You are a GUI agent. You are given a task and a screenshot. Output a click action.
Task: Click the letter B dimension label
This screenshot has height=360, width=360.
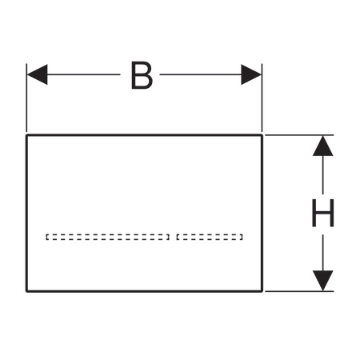coord(142,75)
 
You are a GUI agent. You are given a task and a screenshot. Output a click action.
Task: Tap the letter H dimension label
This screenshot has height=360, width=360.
coord(322,213)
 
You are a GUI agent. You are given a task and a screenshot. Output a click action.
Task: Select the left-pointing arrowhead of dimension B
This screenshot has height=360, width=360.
coord(37,74)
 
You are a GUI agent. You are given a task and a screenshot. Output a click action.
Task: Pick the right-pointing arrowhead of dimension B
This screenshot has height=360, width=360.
coord(251,74)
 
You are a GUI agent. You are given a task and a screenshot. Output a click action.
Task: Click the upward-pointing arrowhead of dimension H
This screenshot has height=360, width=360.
coord(323,146)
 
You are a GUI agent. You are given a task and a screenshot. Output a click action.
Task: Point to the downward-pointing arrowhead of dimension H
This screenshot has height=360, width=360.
coord(323,281)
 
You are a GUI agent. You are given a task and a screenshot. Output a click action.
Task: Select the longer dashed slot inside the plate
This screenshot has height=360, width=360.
coord(108,237)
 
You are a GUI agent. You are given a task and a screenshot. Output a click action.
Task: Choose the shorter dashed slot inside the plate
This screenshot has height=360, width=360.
coord(210,237)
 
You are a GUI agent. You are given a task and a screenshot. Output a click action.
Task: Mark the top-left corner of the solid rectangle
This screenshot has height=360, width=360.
coord(26,135)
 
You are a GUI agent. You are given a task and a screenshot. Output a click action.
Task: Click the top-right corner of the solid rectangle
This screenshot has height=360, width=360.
coord(262,135)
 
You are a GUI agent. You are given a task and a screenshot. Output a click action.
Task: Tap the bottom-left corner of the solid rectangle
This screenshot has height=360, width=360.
coord(26,291)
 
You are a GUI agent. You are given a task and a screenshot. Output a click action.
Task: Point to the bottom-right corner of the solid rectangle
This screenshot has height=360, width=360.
coord(262,291)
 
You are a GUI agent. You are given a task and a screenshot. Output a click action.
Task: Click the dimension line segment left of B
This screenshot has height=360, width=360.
coord(84,74)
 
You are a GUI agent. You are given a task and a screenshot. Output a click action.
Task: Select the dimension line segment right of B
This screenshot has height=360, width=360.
coord(201,74)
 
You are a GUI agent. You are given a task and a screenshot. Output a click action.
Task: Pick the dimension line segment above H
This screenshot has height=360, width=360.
coord(323,175)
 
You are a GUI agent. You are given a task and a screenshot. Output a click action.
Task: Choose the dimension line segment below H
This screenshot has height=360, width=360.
coord(323,253)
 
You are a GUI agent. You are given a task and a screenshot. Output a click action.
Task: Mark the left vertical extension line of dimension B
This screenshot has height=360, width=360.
coord(26,98)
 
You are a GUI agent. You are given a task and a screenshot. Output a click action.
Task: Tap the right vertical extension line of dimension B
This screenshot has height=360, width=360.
coord(262,98)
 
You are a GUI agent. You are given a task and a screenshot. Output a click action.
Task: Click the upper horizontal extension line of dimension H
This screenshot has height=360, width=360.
coord(299,135)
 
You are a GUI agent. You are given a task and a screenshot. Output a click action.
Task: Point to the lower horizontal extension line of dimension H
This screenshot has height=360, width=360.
coord(299,291)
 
